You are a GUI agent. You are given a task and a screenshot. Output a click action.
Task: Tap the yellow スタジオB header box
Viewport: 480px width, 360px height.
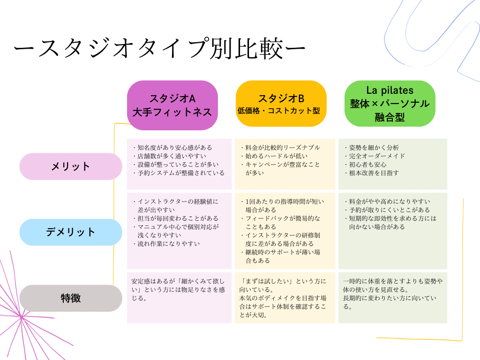coord(281,104)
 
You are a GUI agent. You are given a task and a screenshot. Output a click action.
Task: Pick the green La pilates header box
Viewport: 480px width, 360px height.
coord(390,104)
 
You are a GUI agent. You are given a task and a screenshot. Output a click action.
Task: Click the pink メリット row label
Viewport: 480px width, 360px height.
coord(71,166)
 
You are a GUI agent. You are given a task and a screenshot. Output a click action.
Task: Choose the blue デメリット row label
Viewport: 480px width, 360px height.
coord(71,232)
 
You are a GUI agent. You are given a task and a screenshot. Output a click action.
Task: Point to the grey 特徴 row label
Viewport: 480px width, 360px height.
coord(71,298)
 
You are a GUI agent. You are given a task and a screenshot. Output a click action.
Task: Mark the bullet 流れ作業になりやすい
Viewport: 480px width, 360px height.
coord(168,244)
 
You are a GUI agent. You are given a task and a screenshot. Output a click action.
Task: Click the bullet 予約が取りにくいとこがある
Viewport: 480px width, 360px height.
coord(389,210)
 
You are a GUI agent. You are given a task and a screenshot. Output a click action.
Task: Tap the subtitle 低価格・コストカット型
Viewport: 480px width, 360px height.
coord(281,112)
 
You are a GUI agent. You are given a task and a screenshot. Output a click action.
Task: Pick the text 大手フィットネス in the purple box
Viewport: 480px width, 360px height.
coord(172,112)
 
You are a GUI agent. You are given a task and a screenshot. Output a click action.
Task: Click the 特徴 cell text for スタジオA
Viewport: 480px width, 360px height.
coord(179,289)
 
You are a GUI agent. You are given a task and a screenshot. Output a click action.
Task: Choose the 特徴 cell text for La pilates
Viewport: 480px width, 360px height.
coord(393,293)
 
